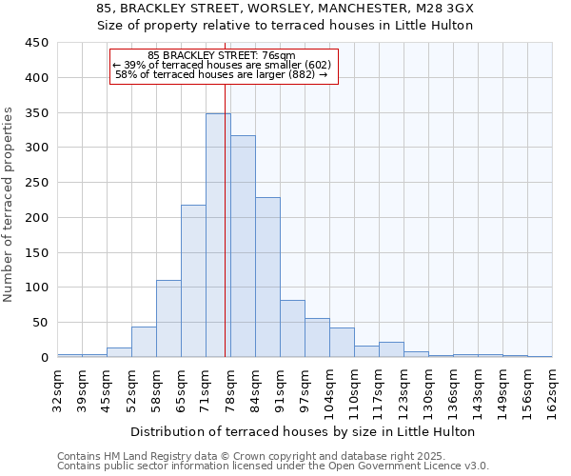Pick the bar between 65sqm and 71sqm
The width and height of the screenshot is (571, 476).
click(x=193, y=281)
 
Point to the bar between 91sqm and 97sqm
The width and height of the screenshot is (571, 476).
click(x=292, y=328)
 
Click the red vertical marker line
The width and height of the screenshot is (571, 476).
click(x=226, y=219)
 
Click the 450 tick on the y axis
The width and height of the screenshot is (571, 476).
click(x=37, y=43)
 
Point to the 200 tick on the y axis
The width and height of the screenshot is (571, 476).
click(x=37, y=218)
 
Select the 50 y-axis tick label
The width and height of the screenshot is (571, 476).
click(x=41, y=323)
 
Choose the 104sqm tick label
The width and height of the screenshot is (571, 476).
click(x=329, y=391)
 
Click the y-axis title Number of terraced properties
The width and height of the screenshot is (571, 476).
click(x=10, y=205)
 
